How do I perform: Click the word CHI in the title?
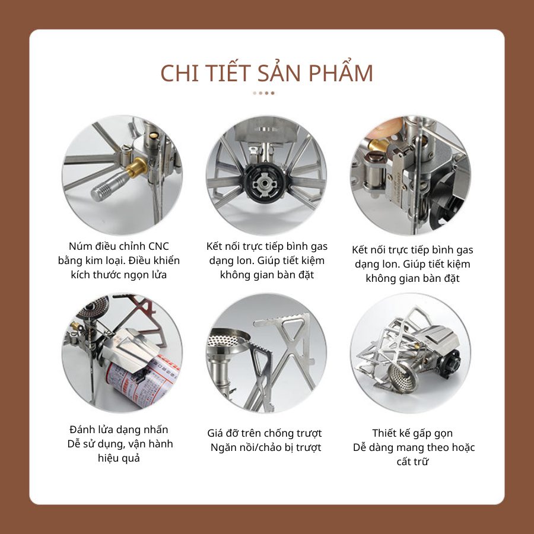point(179,73)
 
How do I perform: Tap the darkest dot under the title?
point(272,93)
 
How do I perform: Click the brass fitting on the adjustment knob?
point(136,167)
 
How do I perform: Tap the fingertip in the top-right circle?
point(385,130)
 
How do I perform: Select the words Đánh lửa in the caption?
point(91,430)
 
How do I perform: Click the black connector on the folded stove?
point(450,363)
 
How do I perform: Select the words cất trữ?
point(412,462)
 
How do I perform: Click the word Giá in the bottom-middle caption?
point(216,433)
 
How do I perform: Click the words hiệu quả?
point(119,458)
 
